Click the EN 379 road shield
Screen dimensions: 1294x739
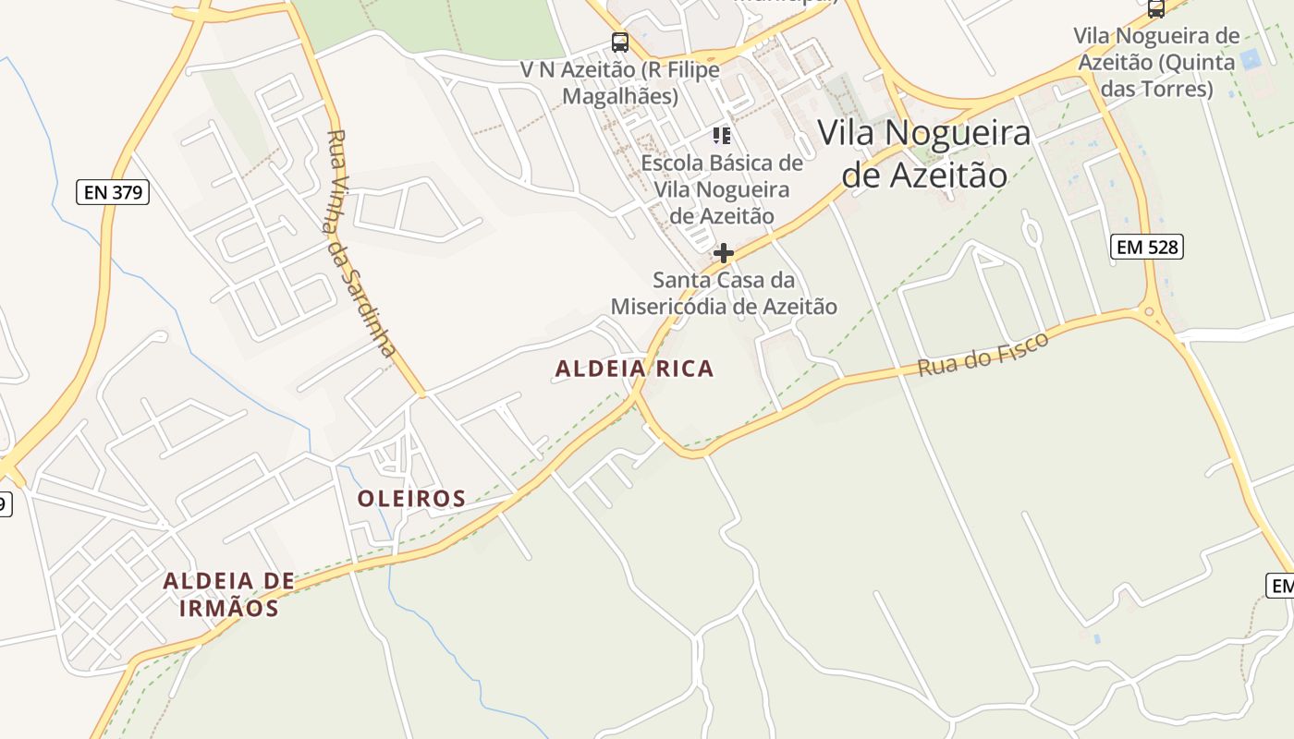(112, 192)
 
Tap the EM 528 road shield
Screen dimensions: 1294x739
(1146, 247)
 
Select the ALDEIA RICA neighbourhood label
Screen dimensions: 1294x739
(634, 369)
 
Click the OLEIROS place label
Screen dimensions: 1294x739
(411, 499)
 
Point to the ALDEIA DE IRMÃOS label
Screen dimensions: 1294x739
(228, 594)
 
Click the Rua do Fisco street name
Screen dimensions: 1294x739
(983, 355)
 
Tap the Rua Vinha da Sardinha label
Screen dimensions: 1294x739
(361, 243)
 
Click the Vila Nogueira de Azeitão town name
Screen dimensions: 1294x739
(924, 152)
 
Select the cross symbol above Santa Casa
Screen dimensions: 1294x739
(723, 252)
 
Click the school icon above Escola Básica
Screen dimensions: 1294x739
(722, 137)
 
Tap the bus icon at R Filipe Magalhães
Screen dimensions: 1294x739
(619, 42)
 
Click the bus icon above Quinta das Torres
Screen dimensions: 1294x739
(1155, 9)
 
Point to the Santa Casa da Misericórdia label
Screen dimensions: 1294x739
(724, 293)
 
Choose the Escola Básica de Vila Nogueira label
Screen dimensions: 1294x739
(722, 189)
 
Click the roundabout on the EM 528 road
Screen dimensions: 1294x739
(1151, 313)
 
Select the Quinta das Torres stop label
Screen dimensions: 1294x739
(1156, 62)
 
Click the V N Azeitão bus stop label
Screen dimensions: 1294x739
(619, 82)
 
